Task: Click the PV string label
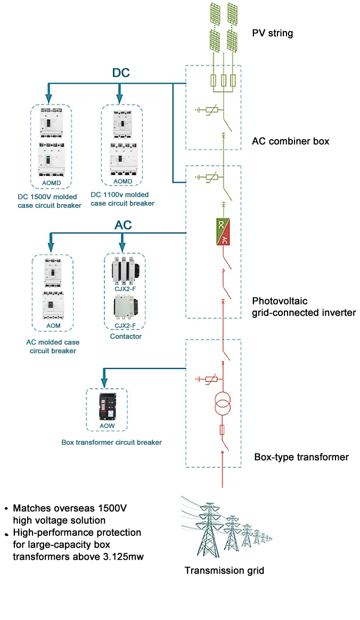click(x=272, y=34)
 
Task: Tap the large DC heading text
click(x=121, y=73)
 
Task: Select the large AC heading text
click(x=123, y=225)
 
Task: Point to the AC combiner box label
click(x=290, y=141)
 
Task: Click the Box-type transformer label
click(x=301, y=457)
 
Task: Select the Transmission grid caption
click(x=224, y=570)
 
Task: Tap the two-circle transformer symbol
click(x=222, y=404)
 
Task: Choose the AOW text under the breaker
click(x=107, y=426)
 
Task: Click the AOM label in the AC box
click(x=53, y=325)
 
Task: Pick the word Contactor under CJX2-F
click(x=126, y=337)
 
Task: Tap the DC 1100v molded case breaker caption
click(x=122, y=199)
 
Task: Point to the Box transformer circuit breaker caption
click(x=111, y=442)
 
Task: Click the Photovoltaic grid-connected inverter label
click(x=304, y=307)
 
